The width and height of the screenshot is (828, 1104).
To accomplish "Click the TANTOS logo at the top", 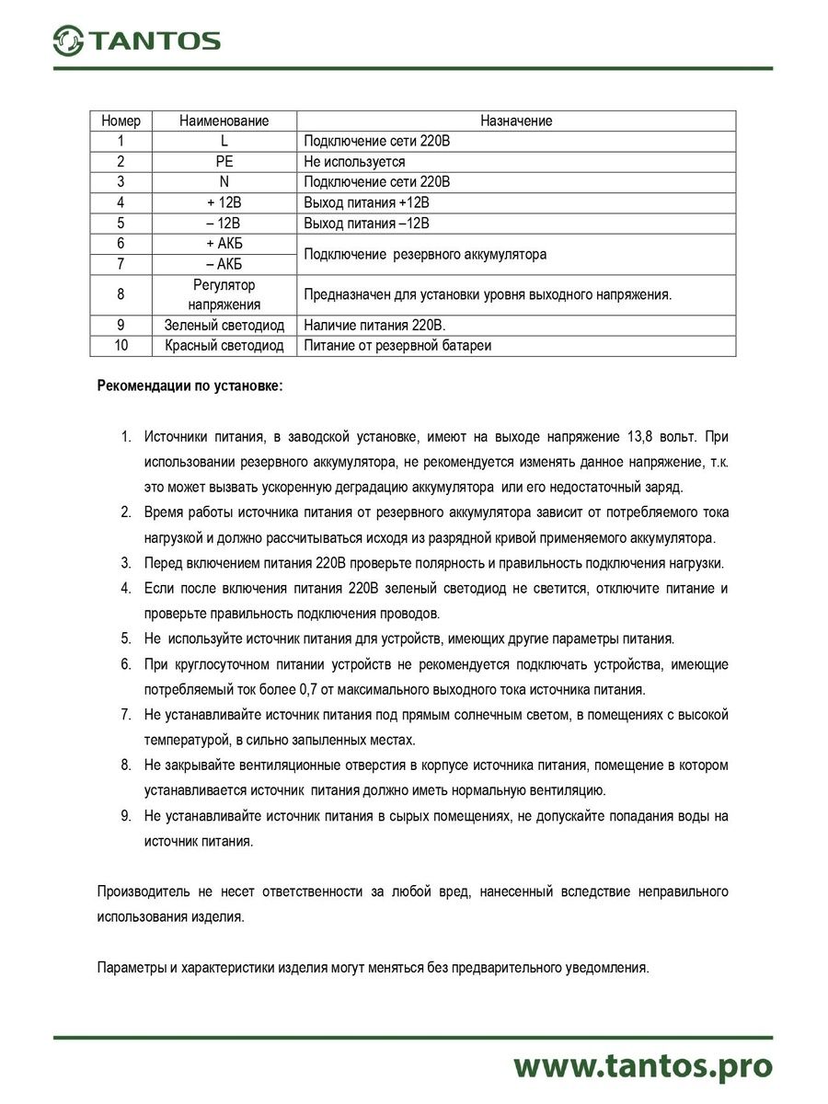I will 136,40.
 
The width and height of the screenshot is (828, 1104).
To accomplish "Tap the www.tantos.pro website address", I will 642,1065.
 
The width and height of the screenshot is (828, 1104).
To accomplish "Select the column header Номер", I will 121,121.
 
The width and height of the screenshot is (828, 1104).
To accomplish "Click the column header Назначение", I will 516,121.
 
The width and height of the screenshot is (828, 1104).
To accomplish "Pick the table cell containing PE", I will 224,161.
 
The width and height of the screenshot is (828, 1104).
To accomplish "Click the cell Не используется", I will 354,161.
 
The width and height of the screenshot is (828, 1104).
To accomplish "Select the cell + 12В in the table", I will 224,202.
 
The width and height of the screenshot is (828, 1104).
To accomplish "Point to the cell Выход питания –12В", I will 366,224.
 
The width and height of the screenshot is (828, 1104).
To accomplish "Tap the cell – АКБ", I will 224,264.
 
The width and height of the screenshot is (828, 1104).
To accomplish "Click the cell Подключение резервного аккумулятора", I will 425,254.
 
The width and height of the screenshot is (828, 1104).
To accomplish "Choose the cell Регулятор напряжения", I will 224,294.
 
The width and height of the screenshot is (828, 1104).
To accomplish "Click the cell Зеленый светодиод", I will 224,325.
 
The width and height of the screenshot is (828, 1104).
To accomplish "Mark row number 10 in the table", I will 121,345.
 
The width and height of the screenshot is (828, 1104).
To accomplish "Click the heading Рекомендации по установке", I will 190,386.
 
